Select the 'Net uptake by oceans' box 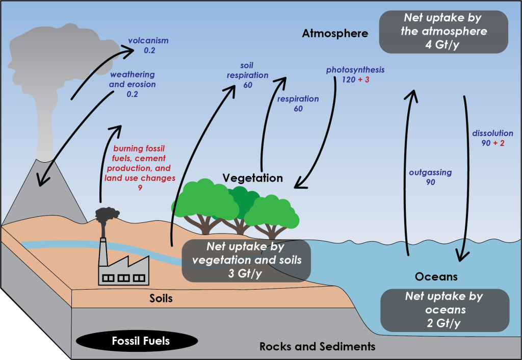click(x=443, y=310)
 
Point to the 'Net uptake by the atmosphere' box click(x=443, y=32)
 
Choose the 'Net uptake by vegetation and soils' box click(x=247, y=260)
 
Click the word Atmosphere click(x=334, y=34)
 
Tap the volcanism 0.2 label click(x=148, y=45)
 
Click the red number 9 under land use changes click(x=140, y=188)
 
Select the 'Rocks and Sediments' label click(x=317, y=347)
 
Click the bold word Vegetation click(x=252, y=178)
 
